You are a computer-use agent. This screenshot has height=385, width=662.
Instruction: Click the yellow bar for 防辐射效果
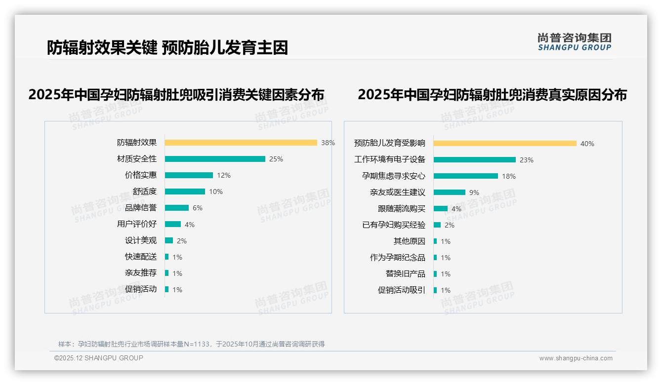click(241, 143)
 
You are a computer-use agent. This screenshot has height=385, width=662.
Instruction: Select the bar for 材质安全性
click(215, 159)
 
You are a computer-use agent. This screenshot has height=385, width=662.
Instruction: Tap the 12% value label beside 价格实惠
click(224, 175)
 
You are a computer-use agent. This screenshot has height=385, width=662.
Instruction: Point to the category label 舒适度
click(144, 192)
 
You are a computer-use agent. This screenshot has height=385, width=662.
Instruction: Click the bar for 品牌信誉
click(177, 208)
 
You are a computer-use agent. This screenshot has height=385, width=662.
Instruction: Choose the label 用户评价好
click(136, 224)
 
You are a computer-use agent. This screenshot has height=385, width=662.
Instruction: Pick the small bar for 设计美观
click(169, 240)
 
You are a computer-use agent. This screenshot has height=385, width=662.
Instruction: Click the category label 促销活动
click(140, 289)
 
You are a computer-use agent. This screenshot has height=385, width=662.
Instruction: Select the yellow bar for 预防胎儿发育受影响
click(505, 144)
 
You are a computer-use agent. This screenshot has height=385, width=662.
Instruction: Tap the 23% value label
click(527, 160)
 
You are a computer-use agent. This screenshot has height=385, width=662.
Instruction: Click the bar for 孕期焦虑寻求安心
click(466, 176)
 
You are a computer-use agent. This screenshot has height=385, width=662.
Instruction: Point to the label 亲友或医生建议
click(397, 192)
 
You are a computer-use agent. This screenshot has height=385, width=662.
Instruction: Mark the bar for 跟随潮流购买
click(441, 209)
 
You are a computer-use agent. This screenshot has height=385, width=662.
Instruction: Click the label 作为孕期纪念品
click(397, 258)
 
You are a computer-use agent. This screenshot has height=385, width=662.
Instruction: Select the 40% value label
click(587, 144)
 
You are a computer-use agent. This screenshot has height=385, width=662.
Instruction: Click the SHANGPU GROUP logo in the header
click(575, 42)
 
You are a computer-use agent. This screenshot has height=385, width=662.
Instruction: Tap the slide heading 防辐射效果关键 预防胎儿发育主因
click(167, 48)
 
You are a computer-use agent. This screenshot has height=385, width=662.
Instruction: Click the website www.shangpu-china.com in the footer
click(576, 358)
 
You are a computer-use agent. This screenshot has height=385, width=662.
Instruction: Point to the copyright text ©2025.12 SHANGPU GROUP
click(99, 358)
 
